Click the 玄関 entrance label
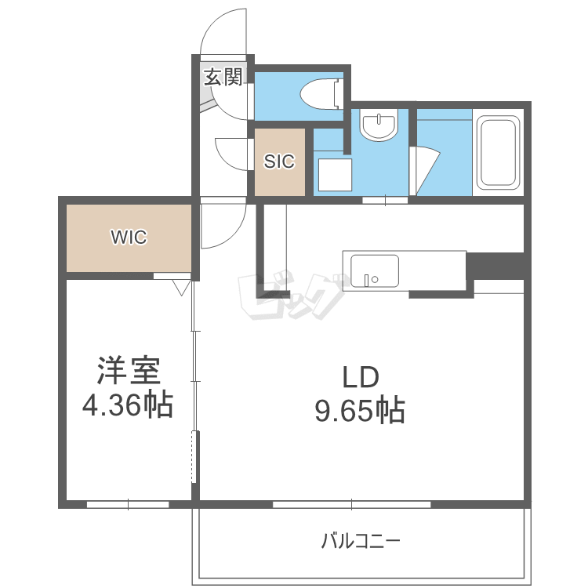coord(223,77)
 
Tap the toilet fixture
coord(322,94)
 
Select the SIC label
coord(279,162)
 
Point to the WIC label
coord(129,237)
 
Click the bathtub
coord(498,152)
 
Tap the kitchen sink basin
coord(374,271)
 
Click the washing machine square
coord(335,175)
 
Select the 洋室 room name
coord(129,371)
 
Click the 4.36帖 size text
coord(128,405)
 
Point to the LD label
coord(361,377)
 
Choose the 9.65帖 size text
coord(360,410)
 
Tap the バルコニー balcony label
coord(361,541)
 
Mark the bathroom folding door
coord(423,171)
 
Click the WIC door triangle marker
coord(182,287)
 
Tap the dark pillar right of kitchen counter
coord(495,266)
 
